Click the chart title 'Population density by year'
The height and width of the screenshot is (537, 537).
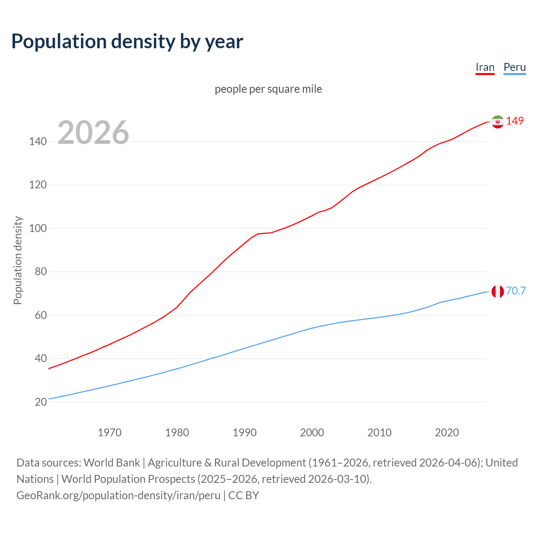tap(127, 41)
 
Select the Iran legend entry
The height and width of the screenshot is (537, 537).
tap(485, 67)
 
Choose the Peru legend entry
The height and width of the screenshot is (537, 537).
tap(514, 67)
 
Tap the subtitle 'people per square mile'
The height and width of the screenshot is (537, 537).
tap(268, 89)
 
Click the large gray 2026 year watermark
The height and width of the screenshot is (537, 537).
tap(93, 133)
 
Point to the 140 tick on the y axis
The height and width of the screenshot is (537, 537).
tap(38, 142)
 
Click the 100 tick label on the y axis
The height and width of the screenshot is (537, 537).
tap(38, 229)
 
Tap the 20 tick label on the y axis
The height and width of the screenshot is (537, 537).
tap(40, 402)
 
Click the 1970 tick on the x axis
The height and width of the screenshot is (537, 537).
tap(109, 433)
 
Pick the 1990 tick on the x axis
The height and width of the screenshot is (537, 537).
tap(245, 433)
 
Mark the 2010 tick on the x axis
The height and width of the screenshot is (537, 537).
tap(379, 433)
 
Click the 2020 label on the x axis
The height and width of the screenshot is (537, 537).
tap(447, 433)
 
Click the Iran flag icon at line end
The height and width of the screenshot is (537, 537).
tap(498, 122)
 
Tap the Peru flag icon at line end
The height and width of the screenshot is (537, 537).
tap(498, 291)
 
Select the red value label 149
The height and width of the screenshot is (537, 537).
tap(515, 121)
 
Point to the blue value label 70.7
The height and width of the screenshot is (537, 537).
tap(516, 291)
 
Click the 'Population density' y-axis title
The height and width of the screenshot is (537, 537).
tap(18, 260)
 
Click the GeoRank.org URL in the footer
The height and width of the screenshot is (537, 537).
tap(118, 495)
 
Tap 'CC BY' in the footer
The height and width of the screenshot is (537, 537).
tap(244, 495)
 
